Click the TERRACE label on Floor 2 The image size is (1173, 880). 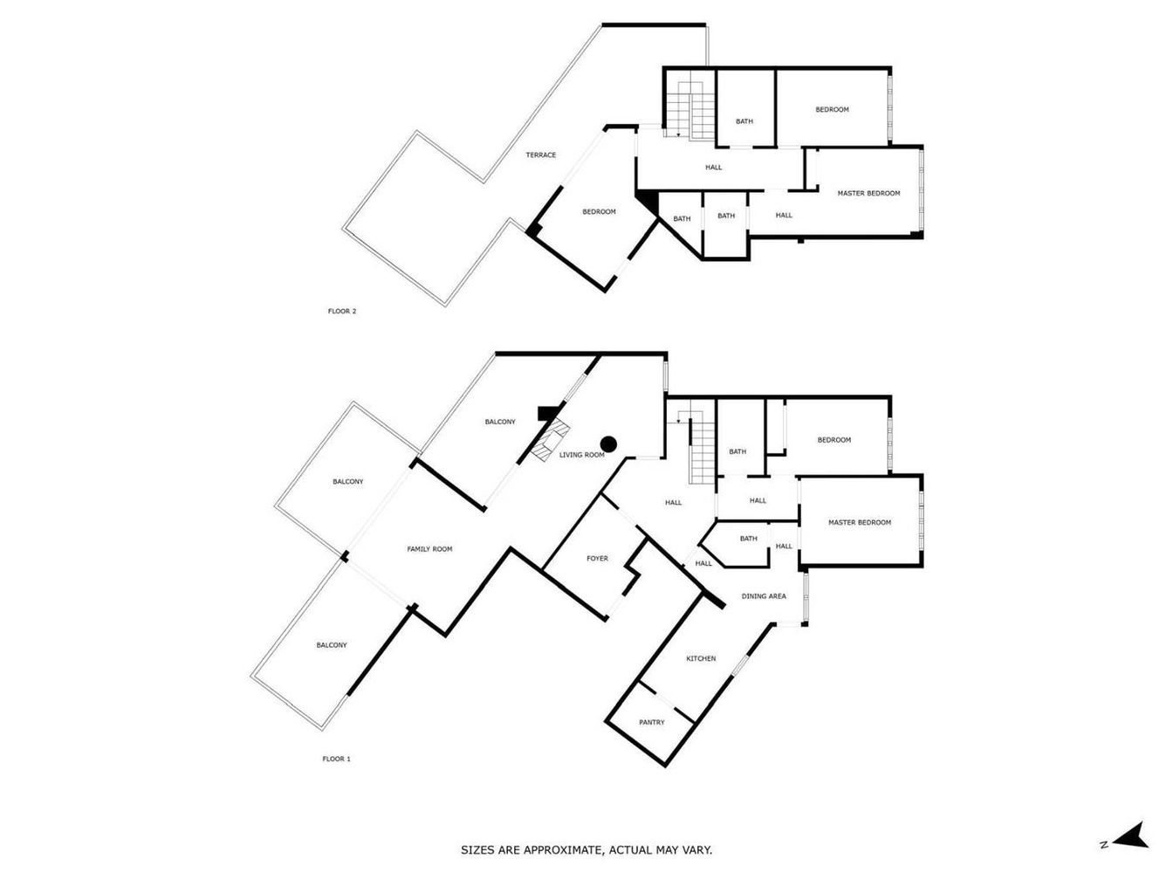540,155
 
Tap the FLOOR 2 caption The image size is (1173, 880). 341,311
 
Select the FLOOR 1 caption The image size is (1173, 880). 336,759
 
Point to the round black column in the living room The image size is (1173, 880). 608,444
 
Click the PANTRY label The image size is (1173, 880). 651,722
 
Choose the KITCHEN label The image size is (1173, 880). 701,659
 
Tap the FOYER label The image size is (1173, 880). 597,559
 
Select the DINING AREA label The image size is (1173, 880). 764,596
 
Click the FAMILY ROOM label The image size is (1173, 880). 429,549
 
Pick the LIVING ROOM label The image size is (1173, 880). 581,455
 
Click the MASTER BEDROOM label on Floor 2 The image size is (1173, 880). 868,194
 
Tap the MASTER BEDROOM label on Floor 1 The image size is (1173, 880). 860,523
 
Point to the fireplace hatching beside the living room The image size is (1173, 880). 551,440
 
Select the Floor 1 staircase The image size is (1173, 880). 697,448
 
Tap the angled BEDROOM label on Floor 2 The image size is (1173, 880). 599,211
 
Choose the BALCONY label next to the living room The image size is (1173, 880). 500,422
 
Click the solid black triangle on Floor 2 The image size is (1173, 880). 648,202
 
